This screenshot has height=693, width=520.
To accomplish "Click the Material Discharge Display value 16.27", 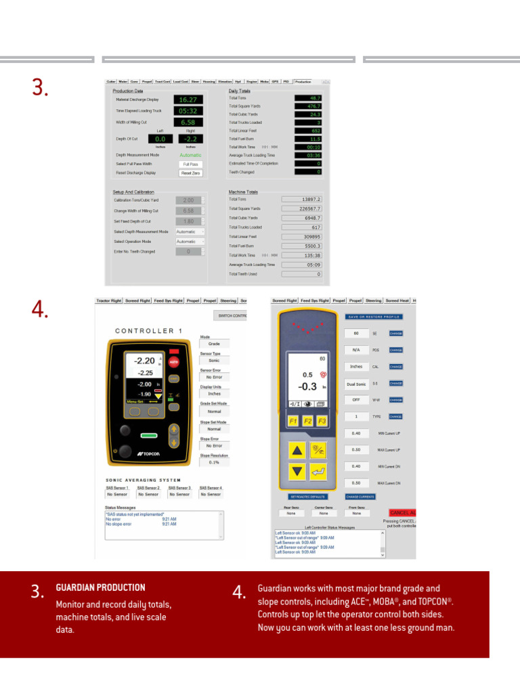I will click(x=188, y=99).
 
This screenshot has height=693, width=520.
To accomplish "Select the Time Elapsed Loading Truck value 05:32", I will click(x=188, y=111).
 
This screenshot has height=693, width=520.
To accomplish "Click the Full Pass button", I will click(x=191, y=164).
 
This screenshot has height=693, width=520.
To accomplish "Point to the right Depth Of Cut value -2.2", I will click(x=190, y=139).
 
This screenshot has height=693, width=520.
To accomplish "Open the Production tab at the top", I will click(x=303, y=81).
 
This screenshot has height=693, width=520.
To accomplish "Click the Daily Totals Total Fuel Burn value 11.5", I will click(x=309, y=139).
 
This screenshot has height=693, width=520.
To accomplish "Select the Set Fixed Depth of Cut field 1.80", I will click(x=188, y=221).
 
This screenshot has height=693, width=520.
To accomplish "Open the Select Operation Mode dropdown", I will click(x=190, y=242).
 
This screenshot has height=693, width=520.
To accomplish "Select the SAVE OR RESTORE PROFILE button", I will click(x=374, y=317).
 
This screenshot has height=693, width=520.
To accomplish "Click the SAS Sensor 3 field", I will click(x=179, y=495).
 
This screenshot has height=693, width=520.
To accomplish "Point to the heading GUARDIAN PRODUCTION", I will click(x=100, y=587).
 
